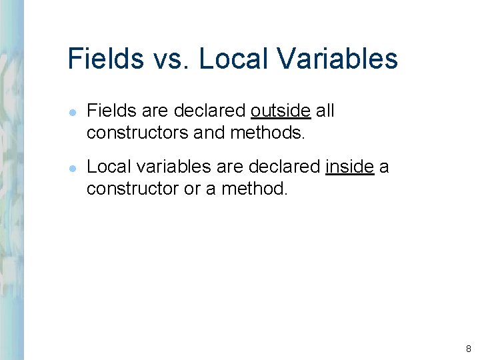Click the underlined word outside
[x=281, y=111]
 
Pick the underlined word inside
[x=350, y=167]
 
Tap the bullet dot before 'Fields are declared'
[x=72, y=112]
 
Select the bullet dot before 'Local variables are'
[x=72, y=168]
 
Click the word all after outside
[x=325, y=111]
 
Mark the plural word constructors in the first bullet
[x=137, y=133]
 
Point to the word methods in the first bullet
[x=267, y=133]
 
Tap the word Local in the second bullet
[x=105, y=167]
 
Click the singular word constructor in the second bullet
[x=133, y=189]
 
